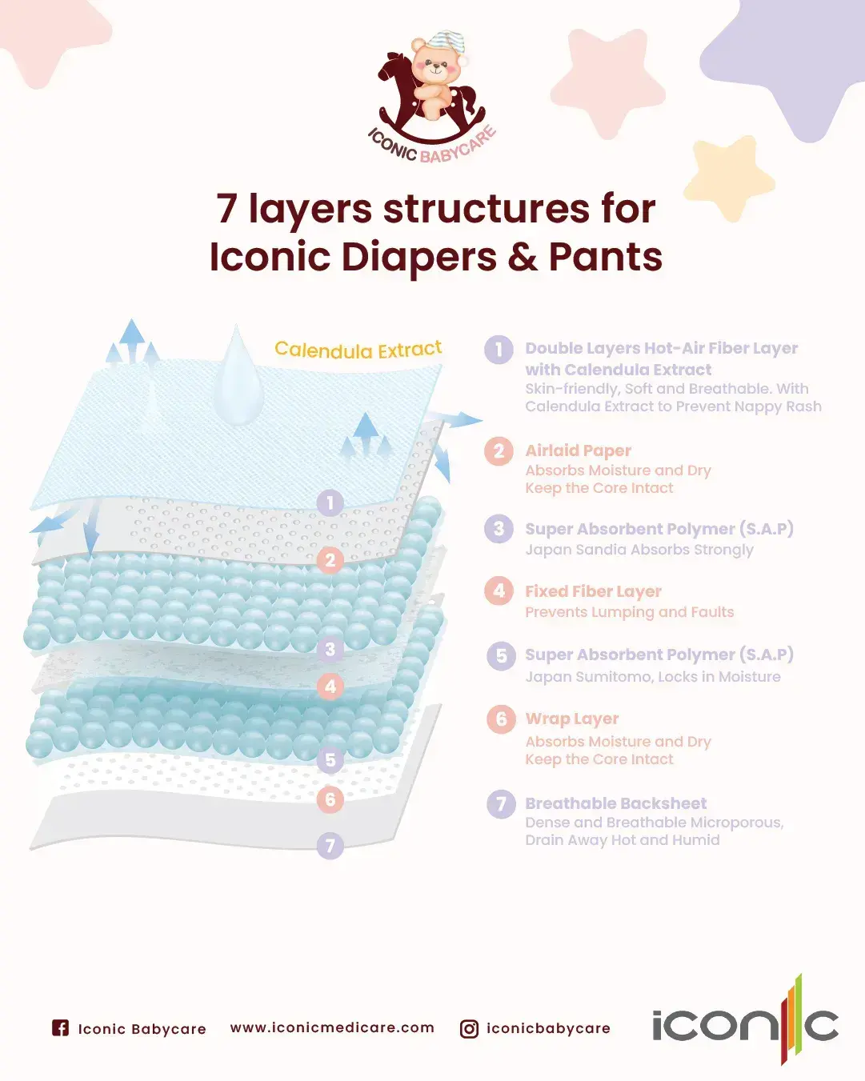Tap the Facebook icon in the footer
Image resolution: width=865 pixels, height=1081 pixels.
pos(60,1028)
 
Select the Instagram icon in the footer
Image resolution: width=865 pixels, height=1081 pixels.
pos(469,1029)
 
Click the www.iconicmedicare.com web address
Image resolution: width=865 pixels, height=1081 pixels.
pos(332,1028)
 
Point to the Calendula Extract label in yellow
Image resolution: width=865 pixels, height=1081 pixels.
pos(358,350)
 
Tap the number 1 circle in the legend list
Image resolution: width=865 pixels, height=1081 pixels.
pos(499,350)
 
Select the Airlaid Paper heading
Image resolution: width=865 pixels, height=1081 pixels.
pos(578,450)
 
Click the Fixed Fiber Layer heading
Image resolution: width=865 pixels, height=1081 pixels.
pos(593,591)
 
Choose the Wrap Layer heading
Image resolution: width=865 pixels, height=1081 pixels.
pos(571,719)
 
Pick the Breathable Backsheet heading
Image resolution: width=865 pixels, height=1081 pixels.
pos(615,803)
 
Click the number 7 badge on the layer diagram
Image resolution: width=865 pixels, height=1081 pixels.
pos(330,846)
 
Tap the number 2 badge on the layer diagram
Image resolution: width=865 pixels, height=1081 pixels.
pos(330,560)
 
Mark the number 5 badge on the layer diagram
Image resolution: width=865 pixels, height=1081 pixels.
pos(330,759)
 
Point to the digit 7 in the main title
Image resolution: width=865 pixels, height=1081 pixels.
pos(226,209)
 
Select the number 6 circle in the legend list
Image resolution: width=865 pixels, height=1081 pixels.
pos(501,719)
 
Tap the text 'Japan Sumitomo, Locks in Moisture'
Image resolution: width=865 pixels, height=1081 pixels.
pos(652,677)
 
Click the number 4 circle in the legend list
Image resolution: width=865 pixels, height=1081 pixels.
pos(499,591)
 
